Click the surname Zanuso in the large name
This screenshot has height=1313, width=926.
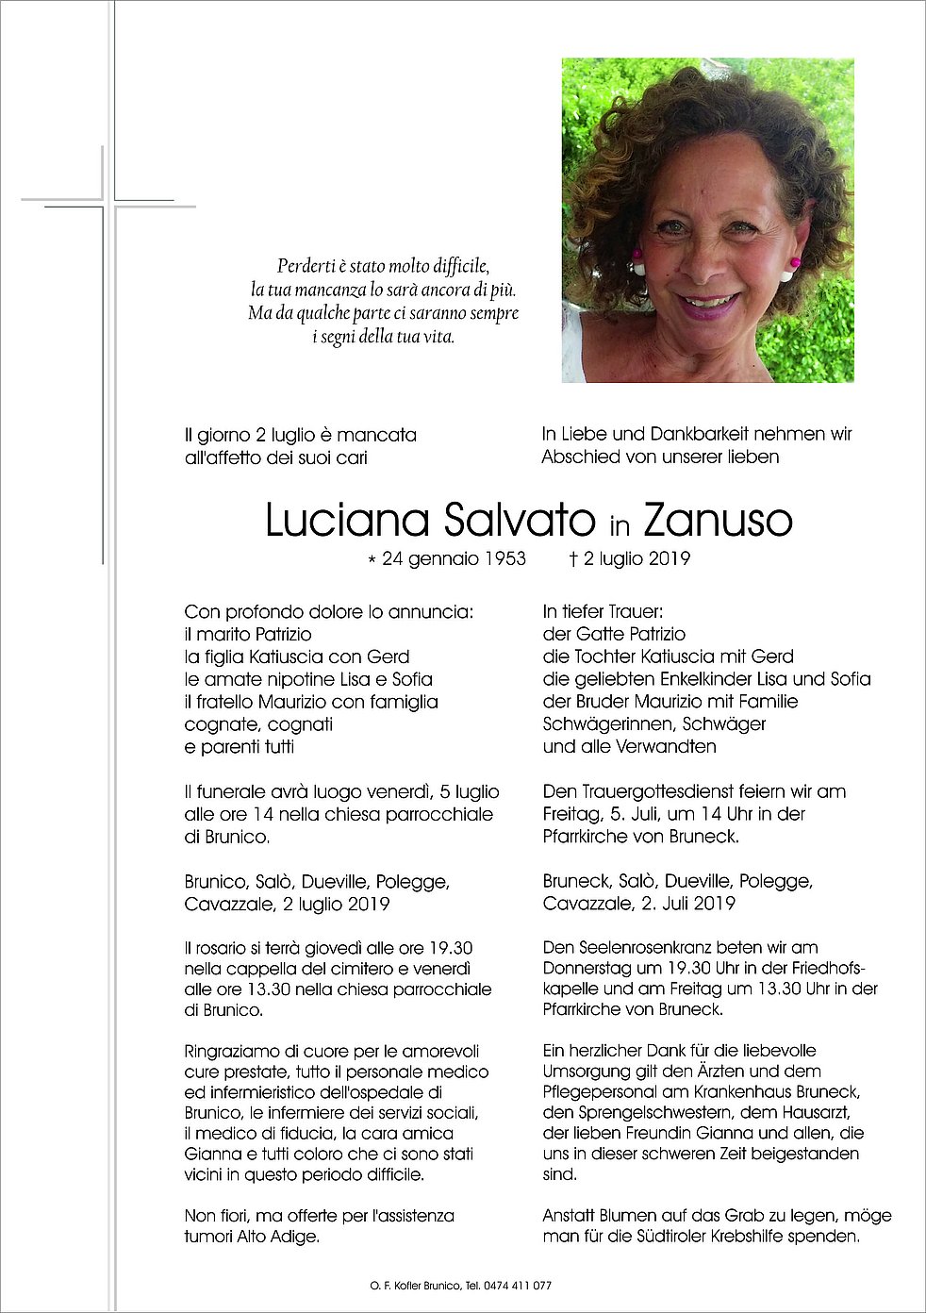tap(718, 521)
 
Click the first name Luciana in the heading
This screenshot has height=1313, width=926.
tap(347, 521)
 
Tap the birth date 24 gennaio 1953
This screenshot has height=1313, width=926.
tap(454, 559)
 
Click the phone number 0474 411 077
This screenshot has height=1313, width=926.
tap(520, 1286)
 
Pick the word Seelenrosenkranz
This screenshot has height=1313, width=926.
tap(640, 947)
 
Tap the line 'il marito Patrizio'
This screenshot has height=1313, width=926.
tap(248, 634)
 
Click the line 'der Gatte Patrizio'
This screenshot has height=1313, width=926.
tap(614, 634)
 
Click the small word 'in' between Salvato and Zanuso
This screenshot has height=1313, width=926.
tap(619, 524)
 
